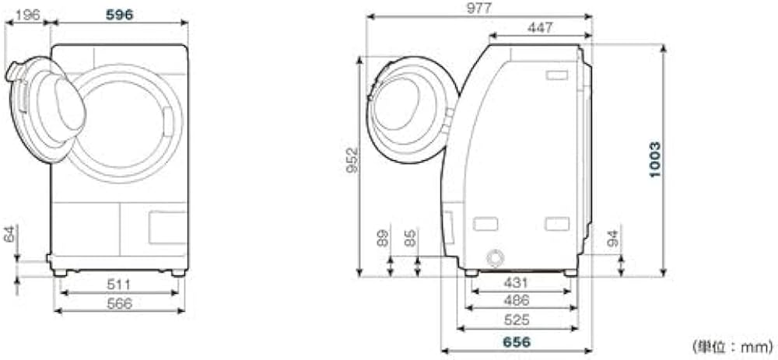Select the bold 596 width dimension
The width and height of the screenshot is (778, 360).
point(120,15)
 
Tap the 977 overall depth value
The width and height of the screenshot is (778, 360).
point(478,9)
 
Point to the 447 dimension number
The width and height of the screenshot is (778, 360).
point(540,28)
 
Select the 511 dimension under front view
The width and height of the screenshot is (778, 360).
point(118,285)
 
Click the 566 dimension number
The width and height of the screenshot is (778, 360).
point(120,303)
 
